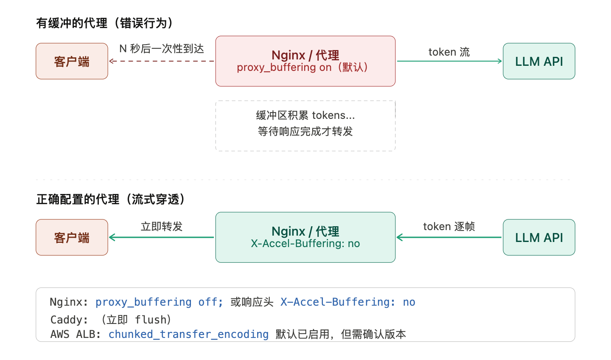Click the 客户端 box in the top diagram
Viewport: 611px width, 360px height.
click(72, 61)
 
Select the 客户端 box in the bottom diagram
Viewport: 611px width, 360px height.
click(72, 237)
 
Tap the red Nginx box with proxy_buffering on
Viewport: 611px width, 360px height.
click(305, 61)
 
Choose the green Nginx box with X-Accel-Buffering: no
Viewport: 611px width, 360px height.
click(305, 237)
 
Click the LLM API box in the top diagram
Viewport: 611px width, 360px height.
click(539, 61)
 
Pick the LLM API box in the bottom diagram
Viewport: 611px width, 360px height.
click(539, 237)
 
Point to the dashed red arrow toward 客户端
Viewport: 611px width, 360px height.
click(162, 61)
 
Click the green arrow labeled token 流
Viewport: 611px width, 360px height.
click(449, 61)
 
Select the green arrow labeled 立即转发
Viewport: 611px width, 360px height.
click(162, 237)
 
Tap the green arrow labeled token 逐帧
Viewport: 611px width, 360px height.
click(449, 237)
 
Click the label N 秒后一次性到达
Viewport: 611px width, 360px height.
click(162, 49)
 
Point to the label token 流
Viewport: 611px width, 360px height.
click(449, 52)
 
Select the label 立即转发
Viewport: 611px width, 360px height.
click(162, 226)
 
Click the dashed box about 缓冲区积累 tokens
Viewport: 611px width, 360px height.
click(305, 126)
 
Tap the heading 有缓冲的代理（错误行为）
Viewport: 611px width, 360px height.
click(104, 23)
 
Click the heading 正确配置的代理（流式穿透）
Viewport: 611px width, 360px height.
click(110, 199)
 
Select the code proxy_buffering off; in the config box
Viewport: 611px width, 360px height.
click(159, 302)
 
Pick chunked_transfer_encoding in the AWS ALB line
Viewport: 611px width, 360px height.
click(188, 334)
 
